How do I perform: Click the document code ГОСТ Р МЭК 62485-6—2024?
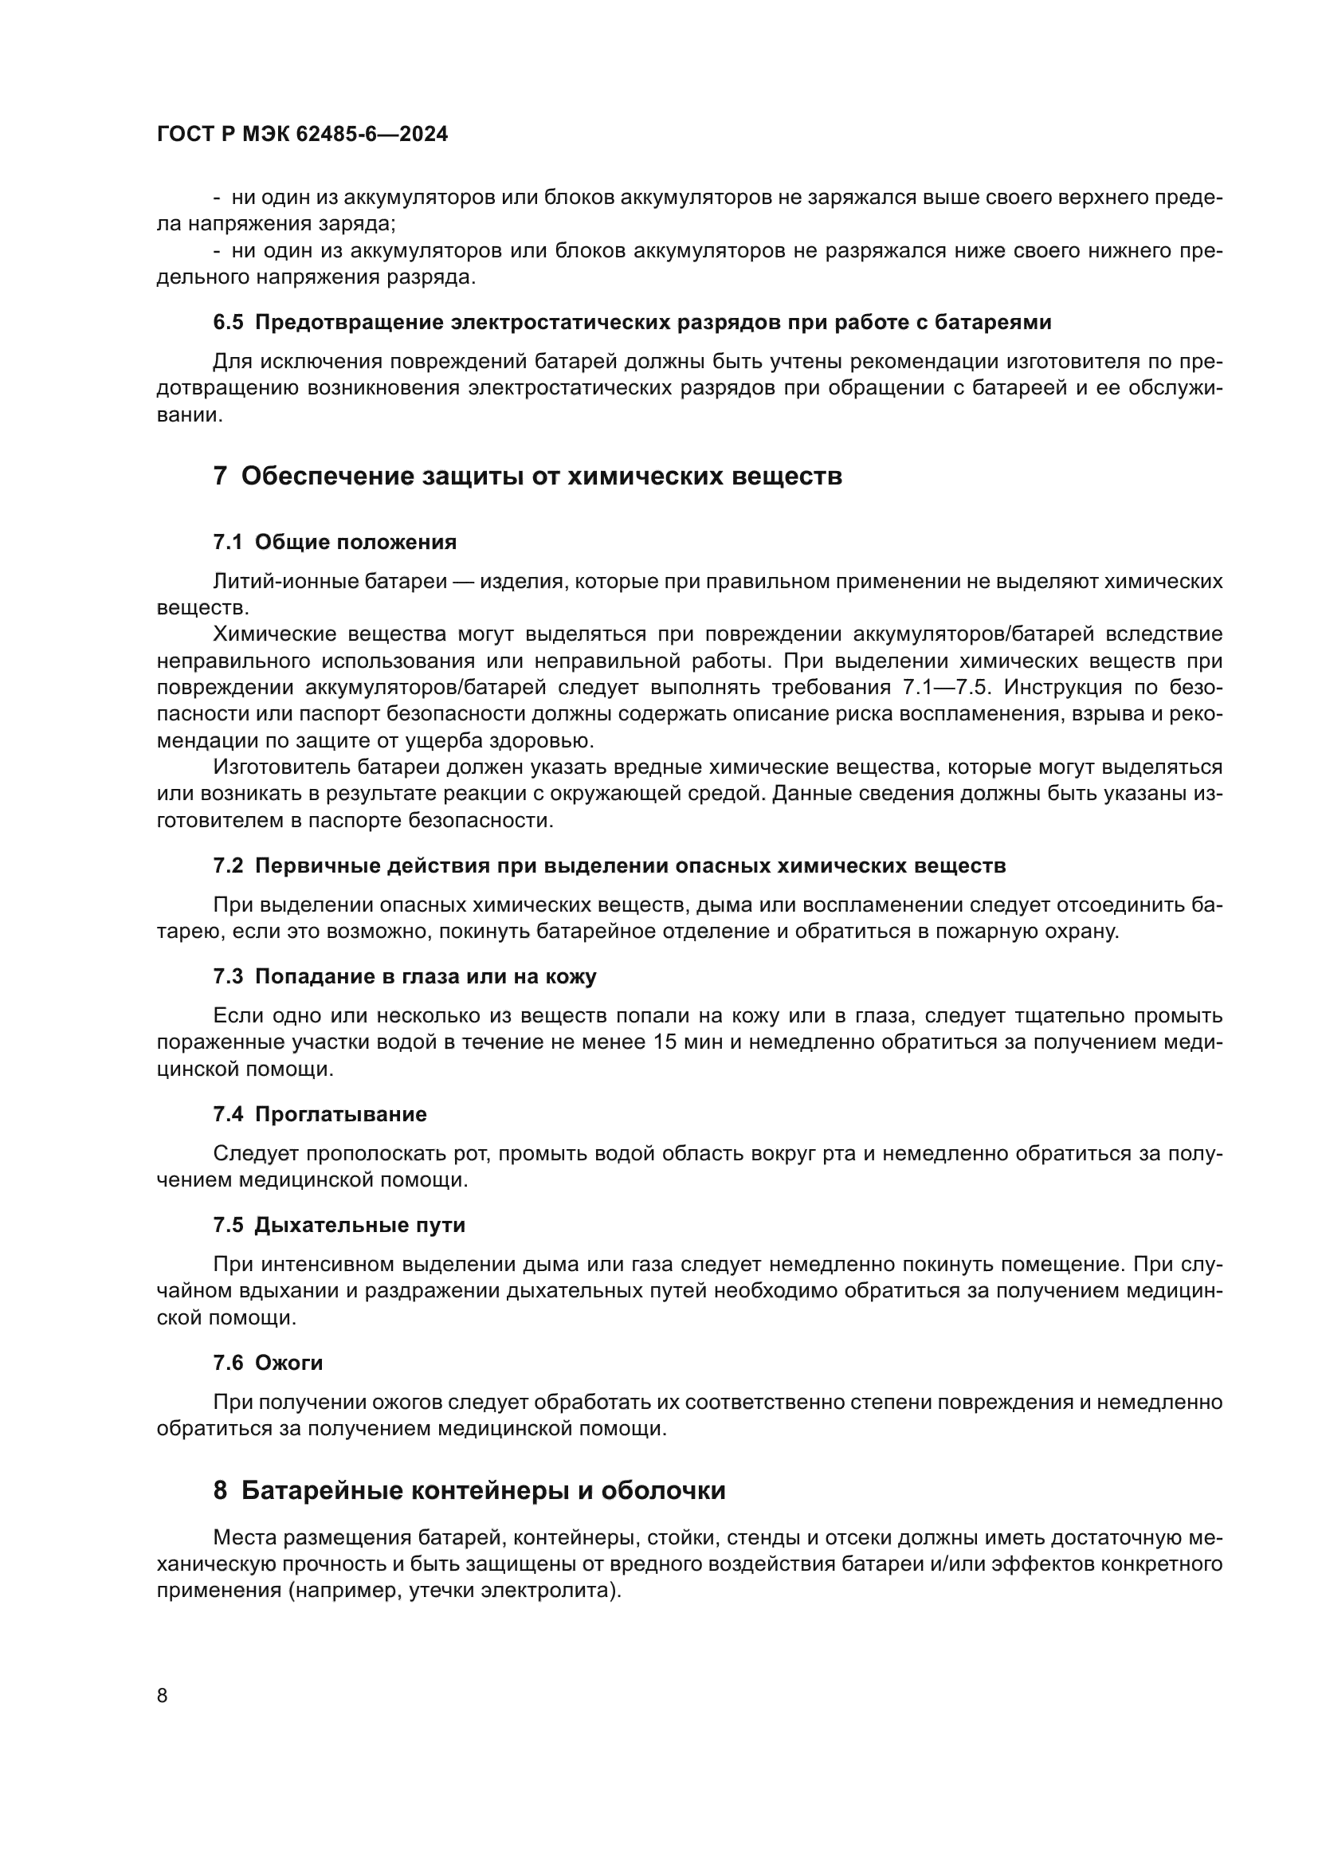point(302,135)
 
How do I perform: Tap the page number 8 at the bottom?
point(163,1696)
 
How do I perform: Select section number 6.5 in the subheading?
point(228,322)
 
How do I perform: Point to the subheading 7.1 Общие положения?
point(335,543)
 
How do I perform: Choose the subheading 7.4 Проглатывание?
point(320,1114)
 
